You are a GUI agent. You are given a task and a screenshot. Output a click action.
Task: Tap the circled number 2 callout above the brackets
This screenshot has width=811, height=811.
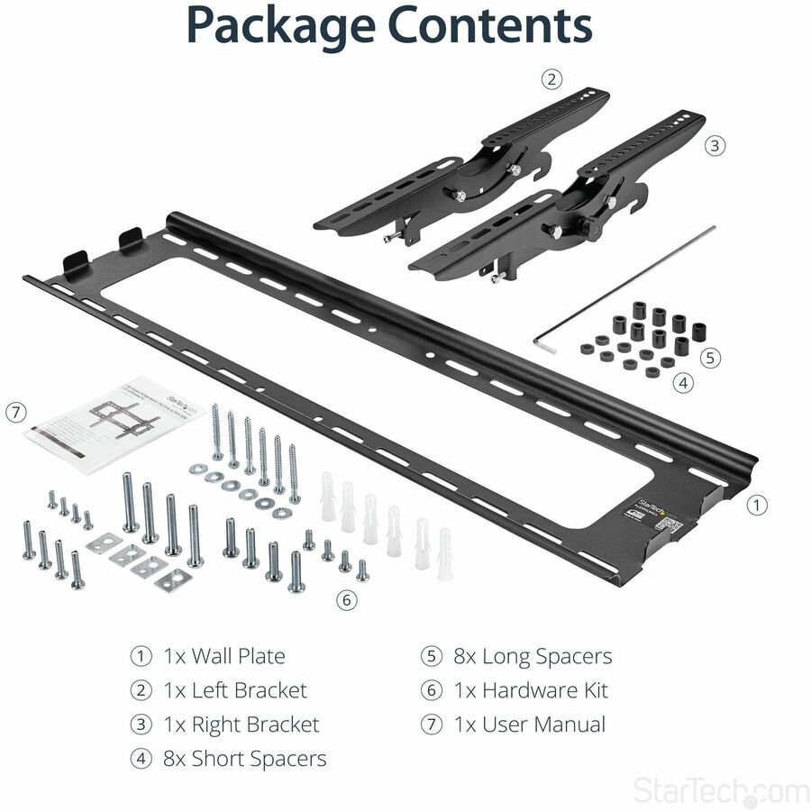[551, 79]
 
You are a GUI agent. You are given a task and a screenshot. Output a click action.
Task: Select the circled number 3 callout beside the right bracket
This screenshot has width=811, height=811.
[715, 145]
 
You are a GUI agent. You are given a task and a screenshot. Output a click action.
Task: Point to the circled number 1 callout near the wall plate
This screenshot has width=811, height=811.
[758, 506]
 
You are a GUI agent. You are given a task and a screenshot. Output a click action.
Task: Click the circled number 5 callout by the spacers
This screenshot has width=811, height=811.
[711, 358]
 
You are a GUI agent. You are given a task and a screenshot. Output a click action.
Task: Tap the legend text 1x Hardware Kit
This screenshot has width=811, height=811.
[530, 690]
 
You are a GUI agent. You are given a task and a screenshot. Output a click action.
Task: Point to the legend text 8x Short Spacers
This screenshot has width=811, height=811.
[244, 758]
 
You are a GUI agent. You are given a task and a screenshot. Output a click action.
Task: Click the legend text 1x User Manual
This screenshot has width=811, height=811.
[529, 724]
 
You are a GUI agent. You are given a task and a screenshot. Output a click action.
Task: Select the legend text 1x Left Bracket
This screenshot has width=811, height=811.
[234, 690]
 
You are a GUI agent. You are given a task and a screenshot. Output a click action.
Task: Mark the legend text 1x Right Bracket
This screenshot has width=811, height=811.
[241, 724]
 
